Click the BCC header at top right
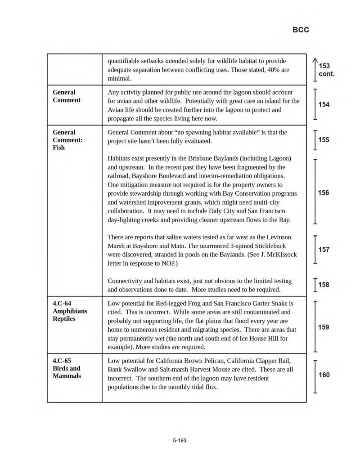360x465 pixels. [301, 30]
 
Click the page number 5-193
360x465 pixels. [180, 440]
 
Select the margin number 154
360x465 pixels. [324, 104]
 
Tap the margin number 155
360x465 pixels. [324, 140]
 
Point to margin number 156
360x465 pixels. [324, 193]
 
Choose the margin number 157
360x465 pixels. [324, 250]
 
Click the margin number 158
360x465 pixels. [324, 285]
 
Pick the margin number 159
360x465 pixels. [324, 327]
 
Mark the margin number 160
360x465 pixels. [324, 375]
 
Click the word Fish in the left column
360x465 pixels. [58, 148]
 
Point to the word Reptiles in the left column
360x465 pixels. [64, 319]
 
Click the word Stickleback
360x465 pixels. [269, 246]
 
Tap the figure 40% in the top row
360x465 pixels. [264, 70]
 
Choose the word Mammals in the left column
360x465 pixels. [67, 376]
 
